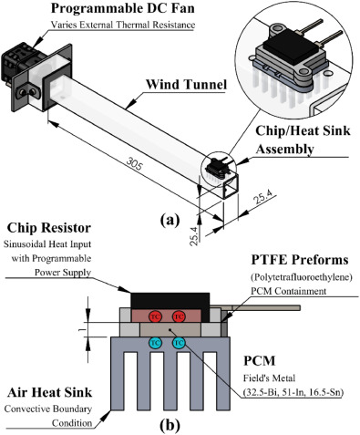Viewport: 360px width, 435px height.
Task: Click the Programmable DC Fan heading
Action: [123, 8]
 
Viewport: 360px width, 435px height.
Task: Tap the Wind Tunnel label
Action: [186, 85]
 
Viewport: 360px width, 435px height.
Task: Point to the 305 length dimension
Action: [134, 165]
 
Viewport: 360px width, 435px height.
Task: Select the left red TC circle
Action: [155, 316]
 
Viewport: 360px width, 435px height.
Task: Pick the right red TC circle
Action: [179, 316]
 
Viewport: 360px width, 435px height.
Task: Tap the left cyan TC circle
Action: [155, 343]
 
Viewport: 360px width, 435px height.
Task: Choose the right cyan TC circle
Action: [179, 343]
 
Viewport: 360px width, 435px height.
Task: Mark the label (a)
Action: [170, 220]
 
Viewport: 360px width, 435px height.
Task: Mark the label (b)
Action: [170, 425]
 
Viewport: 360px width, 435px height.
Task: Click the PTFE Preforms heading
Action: [300, 260]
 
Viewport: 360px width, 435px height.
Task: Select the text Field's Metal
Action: [269, 378]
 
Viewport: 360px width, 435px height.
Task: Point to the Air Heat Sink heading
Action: [49, 392]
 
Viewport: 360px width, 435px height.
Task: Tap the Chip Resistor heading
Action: [49, 228]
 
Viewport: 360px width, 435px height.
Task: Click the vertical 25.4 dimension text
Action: [195, 236]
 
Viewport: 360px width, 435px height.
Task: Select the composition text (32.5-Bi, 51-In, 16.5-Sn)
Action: [293, 392]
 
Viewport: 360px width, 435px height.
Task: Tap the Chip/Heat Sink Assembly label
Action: [303, 140]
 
